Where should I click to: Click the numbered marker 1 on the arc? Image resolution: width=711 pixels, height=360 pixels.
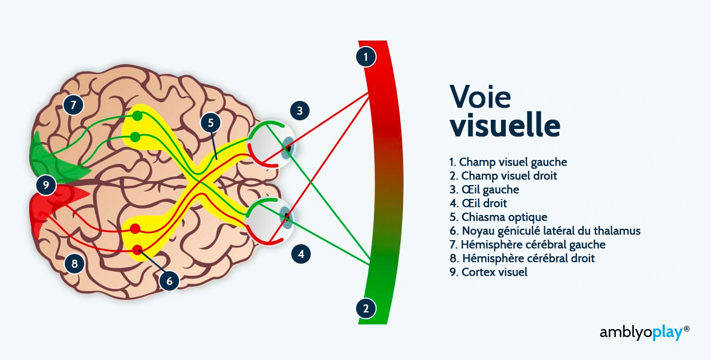click(x=366, y=57)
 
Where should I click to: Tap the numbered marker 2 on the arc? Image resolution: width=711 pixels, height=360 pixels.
click(x=366, y=308)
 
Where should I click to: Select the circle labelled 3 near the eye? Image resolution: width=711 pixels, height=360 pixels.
click(x=300, y=111)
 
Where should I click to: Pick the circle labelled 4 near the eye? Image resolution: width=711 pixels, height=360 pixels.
click(x=301, y=253)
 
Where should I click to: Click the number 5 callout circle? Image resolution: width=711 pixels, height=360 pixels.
click(x=211, y=123)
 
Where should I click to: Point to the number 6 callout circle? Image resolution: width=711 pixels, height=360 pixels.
click(x=169, y=281)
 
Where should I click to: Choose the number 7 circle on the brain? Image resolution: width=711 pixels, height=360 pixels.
click(x=73, y=105)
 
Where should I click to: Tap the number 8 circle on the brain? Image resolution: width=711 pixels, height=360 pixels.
click(x=75, y=264)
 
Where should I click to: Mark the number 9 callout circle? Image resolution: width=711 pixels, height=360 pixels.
click(x=46, y=185)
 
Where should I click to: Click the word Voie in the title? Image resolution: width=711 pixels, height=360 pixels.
click(x=480, y=96)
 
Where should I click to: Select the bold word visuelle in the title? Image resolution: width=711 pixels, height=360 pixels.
click(x=505, y=125)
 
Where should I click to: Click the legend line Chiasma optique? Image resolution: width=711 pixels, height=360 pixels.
click(x=498, y=217)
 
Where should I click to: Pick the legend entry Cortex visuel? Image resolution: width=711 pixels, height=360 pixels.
click(x=489, y=272)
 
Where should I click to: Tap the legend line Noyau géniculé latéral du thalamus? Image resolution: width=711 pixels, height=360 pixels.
click(x=545, y=231)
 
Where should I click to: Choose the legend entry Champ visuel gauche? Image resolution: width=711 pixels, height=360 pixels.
click(x=508, y=162)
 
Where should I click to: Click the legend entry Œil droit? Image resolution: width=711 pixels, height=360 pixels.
click(x=478, y=203)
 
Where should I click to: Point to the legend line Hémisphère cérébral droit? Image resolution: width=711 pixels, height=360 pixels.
click(x=522, y=258)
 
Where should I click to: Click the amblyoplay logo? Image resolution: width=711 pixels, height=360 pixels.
click(x=644, y=332)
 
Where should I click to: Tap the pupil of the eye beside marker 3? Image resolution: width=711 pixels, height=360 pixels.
click(x=288, y=148)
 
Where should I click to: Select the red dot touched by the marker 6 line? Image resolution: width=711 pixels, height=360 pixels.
click(x=137, y=250)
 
